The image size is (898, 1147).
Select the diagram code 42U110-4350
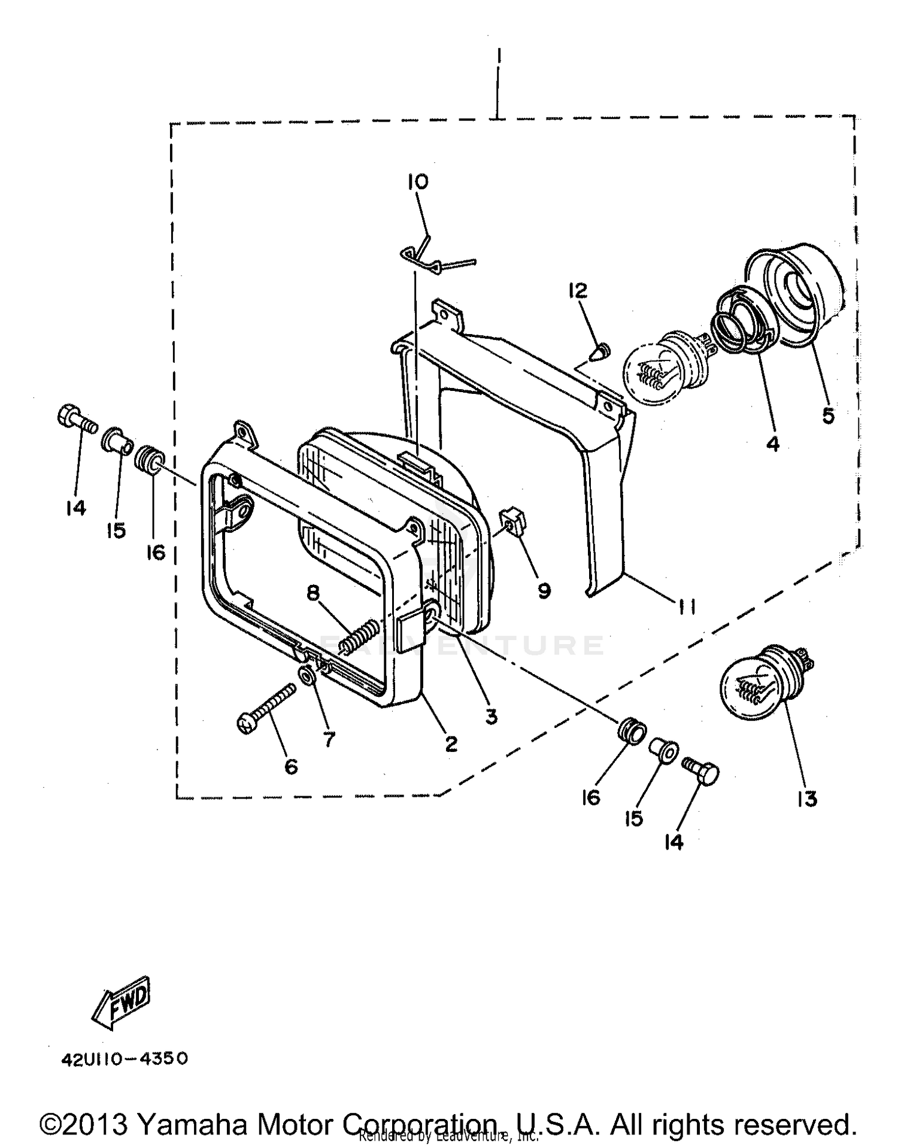click(x=125, y=1058)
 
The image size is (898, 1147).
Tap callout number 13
click(x=807, y=798)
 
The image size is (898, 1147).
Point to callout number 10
click(x=418, y=181)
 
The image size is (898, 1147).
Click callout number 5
click(x=828, y=414)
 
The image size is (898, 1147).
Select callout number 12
click(x=578, y=290)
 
